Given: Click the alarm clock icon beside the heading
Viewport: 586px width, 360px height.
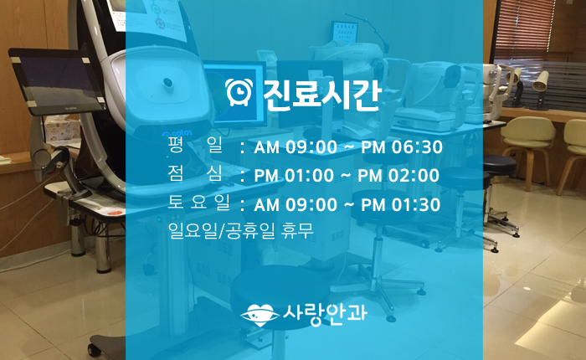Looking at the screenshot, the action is pos(239,92).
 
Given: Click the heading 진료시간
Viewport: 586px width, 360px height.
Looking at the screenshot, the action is pos(322,95).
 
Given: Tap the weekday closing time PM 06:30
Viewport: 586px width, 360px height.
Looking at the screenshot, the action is pos(402,147).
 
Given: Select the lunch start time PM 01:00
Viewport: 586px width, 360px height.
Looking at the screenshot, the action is pos(294,176).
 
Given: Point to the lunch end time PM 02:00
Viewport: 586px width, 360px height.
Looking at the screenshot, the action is pos(398,176).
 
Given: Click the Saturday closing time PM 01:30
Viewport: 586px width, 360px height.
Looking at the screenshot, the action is pos(401,205).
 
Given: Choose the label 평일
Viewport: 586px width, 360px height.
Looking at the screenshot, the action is pos(195,145).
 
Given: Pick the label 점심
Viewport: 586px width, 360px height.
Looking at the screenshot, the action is pos(195,173).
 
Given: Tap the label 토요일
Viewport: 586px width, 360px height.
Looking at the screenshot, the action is pos(198,203).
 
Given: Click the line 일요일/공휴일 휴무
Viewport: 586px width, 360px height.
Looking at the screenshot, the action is pos(241,231).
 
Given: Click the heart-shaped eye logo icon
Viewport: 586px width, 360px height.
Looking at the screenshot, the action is pos(260,315).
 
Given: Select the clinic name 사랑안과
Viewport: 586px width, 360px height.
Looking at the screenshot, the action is pos(325,314).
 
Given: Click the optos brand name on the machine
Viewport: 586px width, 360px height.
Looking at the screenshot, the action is pos(177,133).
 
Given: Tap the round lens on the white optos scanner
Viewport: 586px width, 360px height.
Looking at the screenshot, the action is pos(167,84).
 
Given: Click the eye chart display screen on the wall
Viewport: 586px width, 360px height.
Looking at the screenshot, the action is pos(344,32).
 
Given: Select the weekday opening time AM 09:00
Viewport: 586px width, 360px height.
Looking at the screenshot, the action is pos(296,147).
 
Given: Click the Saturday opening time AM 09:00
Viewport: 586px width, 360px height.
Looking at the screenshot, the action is pos(296,205).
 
